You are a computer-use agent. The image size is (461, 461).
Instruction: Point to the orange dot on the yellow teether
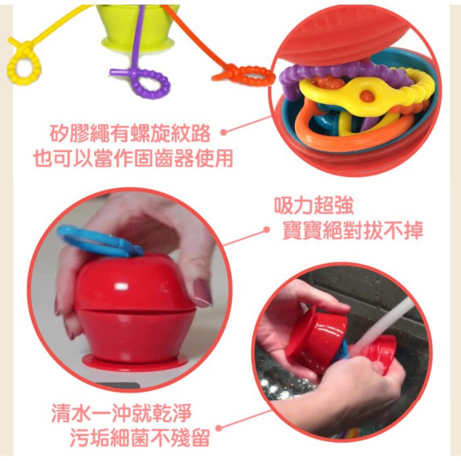367,95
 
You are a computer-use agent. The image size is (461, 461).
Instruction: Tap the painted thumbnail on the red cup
202,292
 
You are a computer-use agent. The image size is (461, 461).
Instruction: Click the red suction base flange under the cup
135,362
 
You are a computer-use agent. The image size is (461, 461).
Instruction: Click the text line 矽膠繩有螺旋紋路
130,134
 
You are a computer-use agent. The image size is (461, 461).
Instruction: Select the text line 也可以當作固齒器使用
133,159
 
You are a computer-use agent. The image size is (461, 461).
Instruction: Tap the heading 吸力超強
313,205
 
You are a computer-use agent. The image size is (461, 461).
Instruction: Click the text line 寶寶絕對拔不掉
352,230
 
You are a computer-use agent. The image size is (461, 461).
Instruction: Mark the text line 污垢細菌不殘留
140,437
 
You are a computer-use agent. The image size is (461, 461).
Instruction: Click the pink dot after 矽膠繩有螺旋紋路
224,132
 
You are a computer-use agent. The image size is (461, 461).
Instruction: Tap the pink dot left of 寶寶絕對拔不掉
266,230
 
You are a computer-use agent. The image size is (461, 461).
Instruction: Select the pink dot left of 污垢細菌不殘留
219,428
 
